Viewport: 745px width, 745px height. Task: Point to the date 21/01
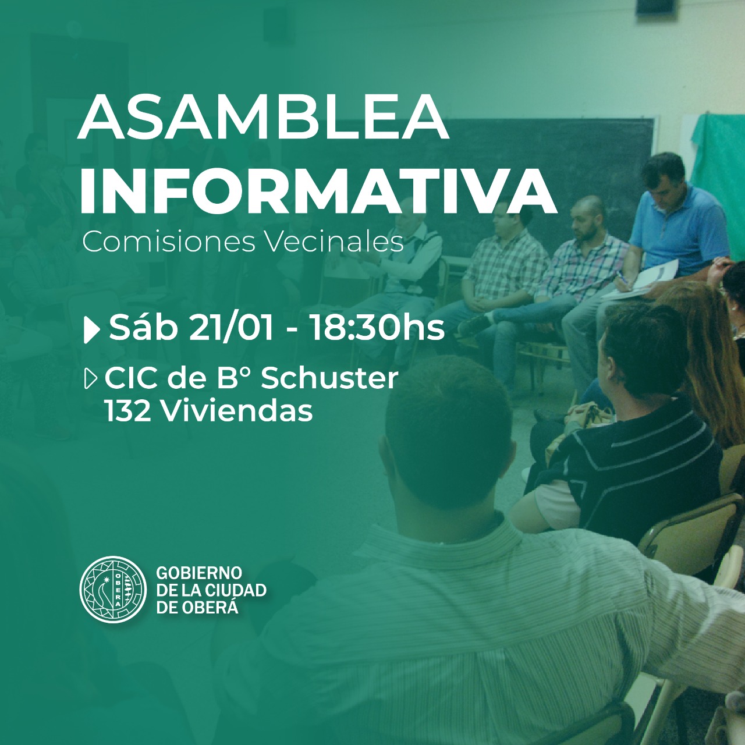[x=231, y=328]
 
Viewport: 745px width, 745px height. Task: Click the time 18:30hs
[x=377, y=328]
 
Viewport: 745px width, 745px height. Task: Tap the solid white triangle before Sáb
[x=91, y=330]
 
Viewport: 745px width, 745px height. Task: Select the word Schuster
[x=329, y=378]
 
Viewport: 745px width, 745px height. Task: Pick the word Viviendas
[x=237, y=411]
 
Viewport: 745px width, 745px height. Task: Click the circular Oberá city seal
[x=113, y=590]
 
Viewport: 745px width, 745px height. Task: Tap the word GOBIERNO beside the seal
[x=199, y=572]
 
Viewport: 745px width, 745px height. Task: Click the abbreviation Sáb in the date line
[x=144, y=328]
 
